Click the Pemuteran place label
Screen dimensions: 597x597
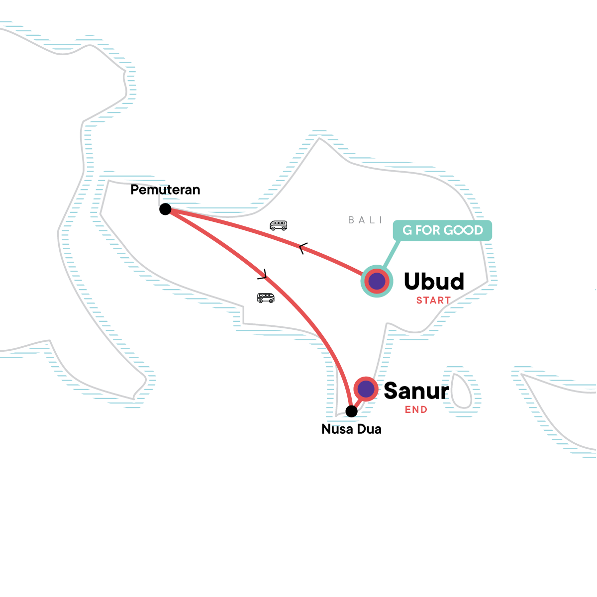[x=165, y=190]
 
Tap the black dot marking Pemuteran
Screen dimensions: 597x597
[x=165, y=209]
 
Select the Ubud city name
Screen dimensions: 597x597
[x=434, y=282]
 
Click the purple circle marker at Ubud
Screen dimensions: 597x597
[x=377, y=282]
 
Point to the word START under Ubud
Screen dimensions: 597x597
[x=433, y=300]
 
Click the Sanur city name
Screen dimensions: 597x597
[x=416, y=391]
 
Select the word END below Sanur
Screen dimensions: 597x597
[x=416, y=410]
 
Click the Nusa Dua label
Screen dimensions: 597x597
[x=351, y=429]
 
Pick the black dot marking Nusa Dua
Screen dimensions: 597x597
[x=351, y=411]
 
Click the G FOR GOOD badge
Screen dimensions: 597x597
[x=442, y=230]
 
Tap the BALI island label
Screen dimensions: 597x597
[x=366, y=220]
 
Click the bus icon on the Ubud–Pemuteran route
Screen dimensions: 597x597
[x=278, y=225]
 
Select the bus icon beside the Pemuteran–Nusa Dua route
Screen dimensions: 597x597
[x=266, y=298]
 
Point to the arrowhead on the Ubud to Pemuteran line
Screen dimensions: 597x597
[x=302, y=248]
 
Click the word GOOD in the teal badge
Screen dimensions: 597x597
[x=463, y=230]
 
